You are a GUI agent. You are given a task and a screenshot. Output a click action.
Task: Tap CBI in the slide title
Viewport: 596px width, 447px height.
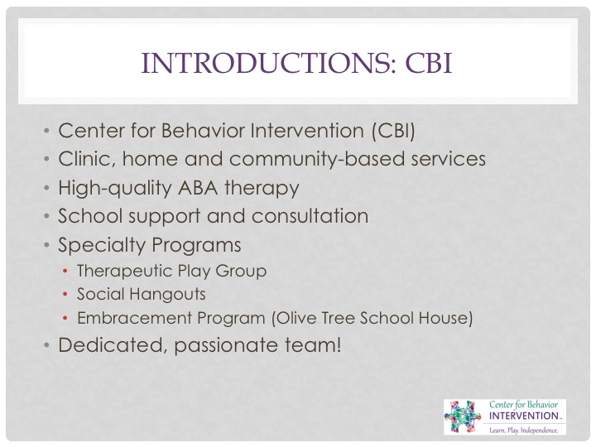(x=429, y=63)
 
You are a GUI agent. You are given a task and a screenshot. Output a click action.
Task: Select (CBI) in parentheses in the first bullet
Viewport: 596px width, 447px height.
(x=393, y=131)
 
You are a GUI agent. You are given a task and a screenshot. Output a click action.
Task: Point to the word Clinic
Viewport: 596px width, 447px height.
(x=87, y=159)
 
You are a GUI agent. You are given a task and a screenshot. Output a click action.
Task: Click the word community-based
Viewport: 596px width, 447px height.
(x=316, y=159)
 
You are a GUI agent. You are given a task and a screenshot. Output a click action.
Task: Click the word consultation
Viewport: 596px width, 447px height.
(x=310, y=216)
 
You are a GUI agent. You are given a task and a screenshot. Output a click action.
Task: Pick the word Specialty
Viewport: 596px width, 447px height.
(x=102, y=245)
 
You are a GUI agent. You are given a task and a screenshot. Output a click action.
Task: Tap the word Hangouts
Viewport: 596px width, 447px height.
(x=168, y=295)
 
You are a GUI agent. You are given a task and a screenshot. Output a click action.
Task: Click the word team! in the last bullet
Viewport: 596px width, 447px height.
(x=313, y=344)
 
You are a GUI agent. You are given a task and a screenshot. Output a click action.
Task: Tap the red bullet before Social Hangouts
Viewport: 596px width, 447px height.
(x=65, y=294)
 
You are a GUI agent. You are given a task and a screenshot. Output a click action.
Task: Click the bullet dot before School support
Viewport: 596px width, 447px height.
(x=46, y=216)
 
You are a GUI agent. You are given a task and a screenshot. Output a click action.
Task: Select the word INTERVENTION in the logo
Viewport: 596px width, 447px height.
(x=523, y=416)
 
